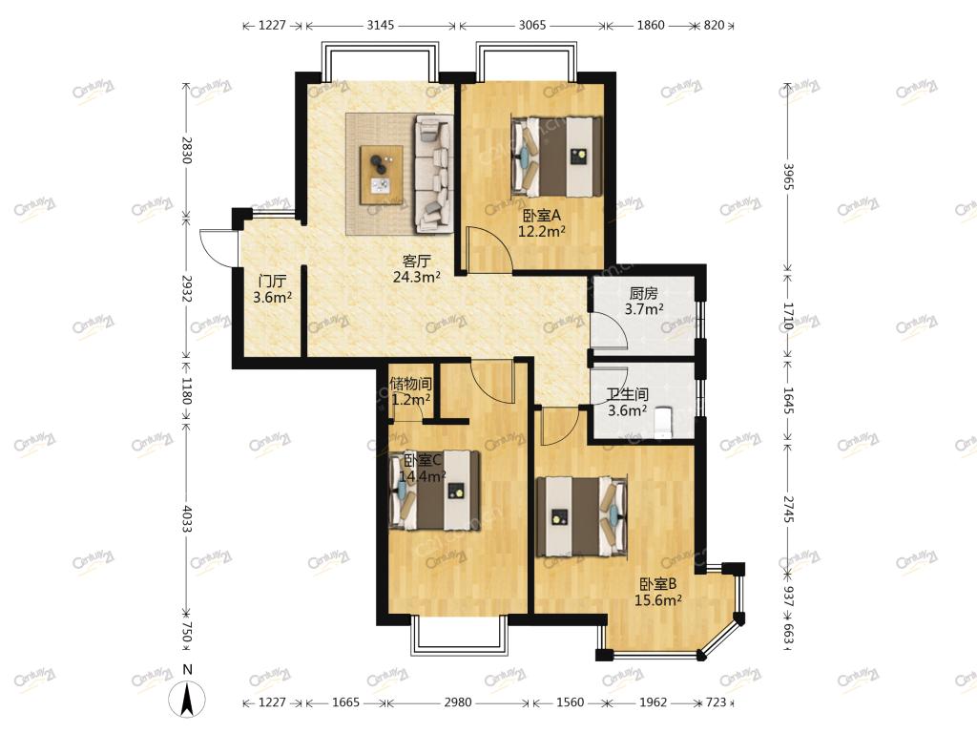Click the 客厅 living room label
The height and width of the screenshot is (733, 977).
[416, 262]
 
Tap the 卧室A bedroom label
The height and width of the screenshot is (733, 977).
[542, 216]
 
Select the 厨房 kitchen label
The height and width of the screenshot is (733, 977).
[644, 293]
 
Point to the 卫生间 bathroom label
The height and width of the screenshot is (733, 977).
[628, 394]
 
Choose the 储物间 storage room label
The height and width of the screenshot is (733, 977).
[410, 384]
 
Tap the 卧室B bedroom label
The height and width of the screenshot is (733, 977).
[658, 584]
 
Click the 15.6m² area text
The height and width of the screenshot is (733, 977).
[658, 600]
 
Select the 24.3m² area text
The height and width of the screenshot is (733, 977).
[417, 277]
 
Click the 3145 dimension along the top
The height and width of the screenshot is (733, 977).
[380, 25]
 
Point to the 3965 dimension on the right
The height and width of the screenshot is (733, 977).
[787, 177]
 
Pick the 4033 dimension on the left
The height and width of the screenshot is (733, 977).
[186, 518]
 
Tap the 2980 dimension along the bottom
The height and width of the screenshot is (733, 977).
[458, 702]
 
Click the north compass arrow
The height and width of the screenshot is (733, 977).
[188, 699]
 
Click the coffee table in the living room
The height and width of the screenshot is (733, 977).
[382, 175]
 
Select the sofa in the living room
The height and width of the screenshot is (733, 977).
[434, 174]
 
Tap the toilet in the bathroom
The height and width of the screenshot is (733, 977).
[664, 423]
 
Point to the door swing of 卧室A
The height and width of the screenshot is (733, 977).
[489, 249]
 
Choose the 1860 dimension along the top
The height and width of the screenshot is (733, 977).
[651, 25]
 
